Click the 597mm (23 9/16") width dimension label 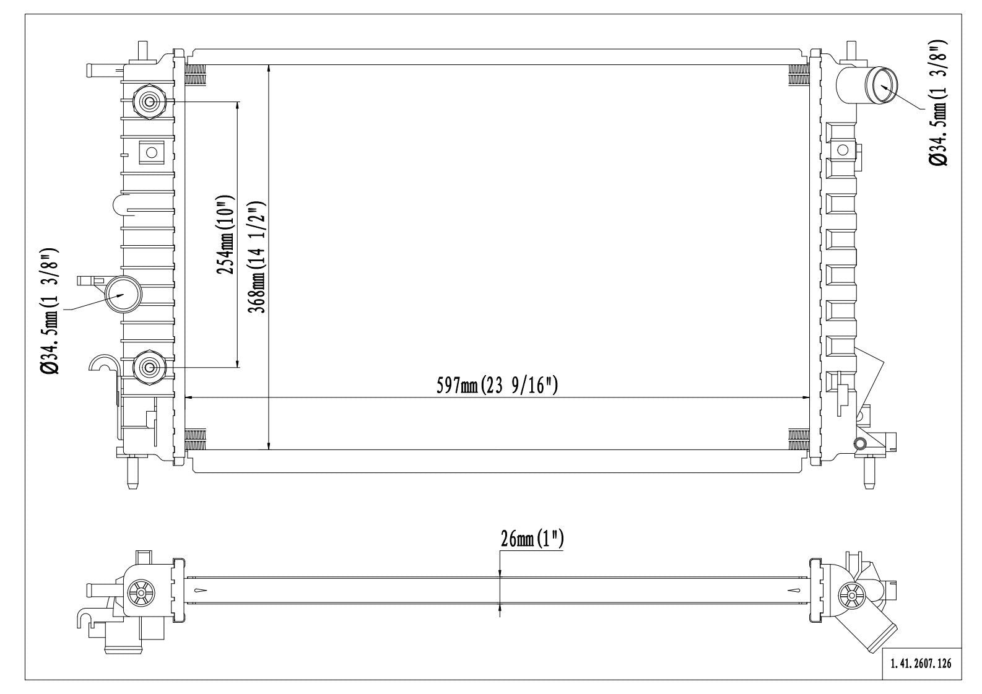click(497, 386)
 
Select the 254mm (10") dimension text click(226, 235)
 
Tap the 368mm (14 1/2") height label click(258, 258)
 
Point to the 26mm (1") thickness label click(532, 539)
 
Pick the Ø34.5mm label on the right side click(938, 103)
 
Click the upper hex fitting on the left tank click(149, 102)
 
